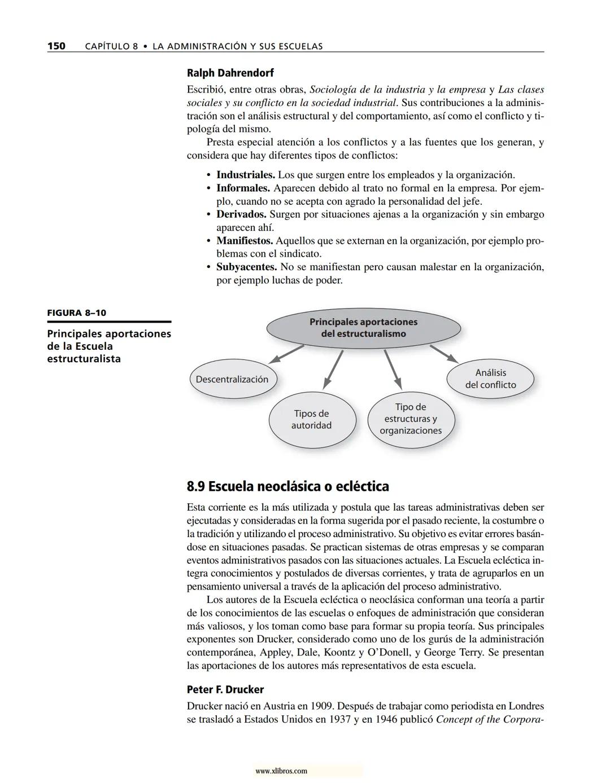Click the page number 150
[56, 46]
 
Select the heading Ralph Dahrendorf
[230, 73]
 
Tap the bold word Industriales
[245, 175]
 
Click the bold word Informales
[243, 188]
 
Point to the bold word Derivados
[241, 214]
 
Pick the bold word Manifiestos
[245, 241]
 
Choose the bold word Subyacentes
[246, 267]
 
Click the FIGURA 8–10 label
[77, 313]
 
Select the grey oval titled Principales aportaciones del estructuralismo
[363, 328]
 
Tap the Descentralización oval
[232, 380]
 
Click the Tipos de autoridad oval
[312, 420]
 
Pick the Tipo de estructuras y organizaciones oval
[411, 419]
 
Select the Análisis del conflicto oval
[490, 379]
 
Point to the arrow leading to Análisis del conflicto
[444, 353]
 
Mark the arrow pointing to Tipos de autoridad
[333, 368]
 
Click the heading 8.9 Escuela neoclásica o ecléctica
[287, 486]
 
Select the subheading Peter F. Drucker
[225, 689]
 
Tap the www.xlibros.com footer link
[281, 771]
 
